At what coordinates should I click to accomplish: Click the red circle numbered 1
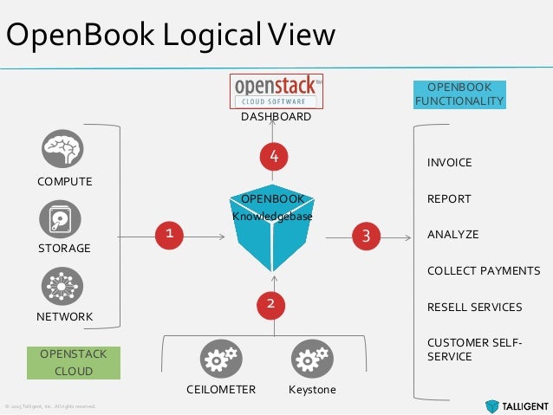point(169,233)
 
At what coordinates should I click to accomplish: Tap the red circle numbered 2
point(270,303)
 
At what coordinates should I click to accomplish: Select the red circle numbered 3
point(366,234)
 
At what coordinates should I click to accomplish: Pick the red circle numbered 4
point(274,157)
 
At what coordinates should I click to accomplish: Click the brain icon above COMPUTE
point(62,148)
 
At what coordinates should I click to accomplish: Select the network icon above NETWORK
point(62,286)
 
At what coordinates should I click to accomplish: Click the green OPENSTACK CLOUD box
point(74,363)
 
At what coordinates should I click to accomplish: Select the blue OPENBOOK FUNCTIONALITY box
point(459,94)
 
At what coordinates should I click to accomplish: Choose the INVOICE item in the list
point(449,163)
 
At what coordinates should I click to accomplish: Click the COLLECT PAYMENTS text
point(483,271)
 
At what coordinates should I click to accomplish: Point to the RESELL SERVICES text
point(474,307)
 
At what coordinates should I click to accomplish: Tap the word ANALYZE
point(452,235)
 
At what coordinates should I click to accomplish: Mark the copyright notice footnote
point(50,405)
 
